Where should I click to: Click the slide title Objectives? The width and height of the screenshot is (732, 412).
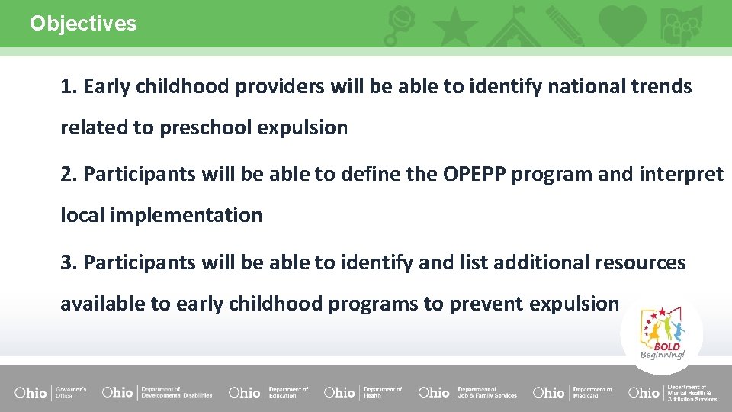[83, 24]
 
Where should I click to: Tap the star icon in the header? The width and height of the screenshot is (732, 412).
[456, 26]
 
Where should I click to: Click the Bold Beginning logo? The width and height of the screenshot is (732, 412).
[662, 333]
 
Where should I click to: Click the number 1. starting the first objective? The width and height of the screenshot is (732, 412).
[69, 87]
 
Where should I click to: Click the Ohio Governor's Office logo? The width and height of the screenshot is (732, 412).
[50, 392]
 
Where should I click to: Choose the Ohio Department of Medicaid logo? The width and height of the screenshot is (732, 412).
[573, 392]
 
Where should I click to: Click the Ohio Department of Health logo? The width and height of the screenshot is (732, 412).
[363, 392]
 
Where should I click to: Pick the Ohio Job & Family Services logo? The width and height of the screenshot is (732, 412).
[467, 392]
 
